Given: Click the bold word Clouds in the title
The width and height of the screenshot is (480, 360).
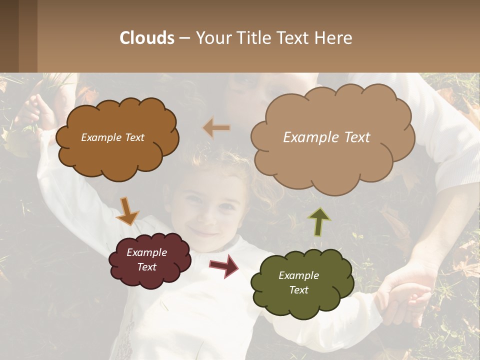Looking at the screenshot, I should (146, 38).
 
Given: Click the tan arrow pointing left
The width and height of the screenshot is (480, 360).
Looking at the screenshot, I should (216, 128).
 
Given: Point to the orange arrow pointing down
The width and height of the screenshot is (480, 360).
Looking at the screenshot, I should (128, 211).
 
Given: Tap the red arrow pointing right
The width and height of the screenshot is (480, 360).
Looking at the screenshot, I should (223, 266).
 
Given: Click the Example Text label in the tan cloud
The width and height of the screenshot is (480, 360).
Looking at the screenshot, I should (326, 137).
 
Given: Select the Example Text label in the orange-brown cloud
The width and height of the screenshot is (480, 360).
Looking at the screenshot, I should (112, 137).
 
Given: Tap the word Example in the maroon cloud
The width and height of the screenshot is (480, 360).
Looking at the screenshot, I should (146, 252).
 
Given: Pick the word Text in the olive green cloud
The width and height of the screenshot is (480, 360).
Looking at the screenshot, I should (298, 290).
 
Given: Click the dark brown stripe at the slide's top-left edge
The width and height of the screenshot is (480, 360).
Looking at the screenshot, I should (9, 36).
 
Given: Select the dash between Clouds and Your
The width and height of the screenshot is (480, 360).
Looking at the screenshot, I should (184, 38).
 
